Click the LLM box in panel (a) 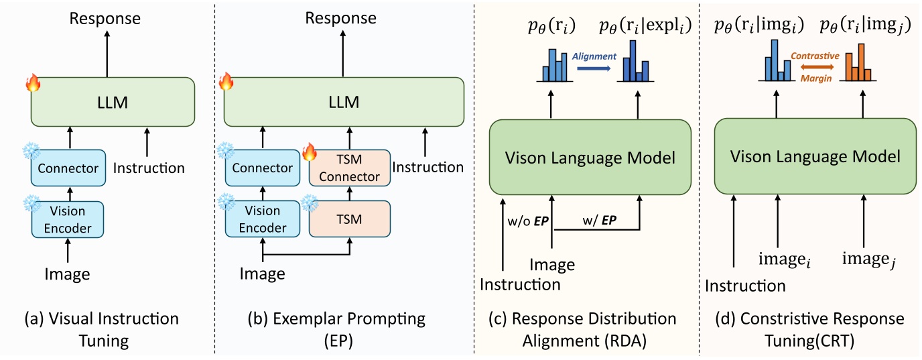pyautogui.click(x=111, y=103)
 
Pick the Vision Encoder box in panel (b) pyautogui.click(x=262, y=219)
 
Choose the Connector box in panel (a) pyautogui.click(x=68, y=168)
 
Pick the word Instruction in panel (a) pyautogui.click(x=149, y=168)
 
